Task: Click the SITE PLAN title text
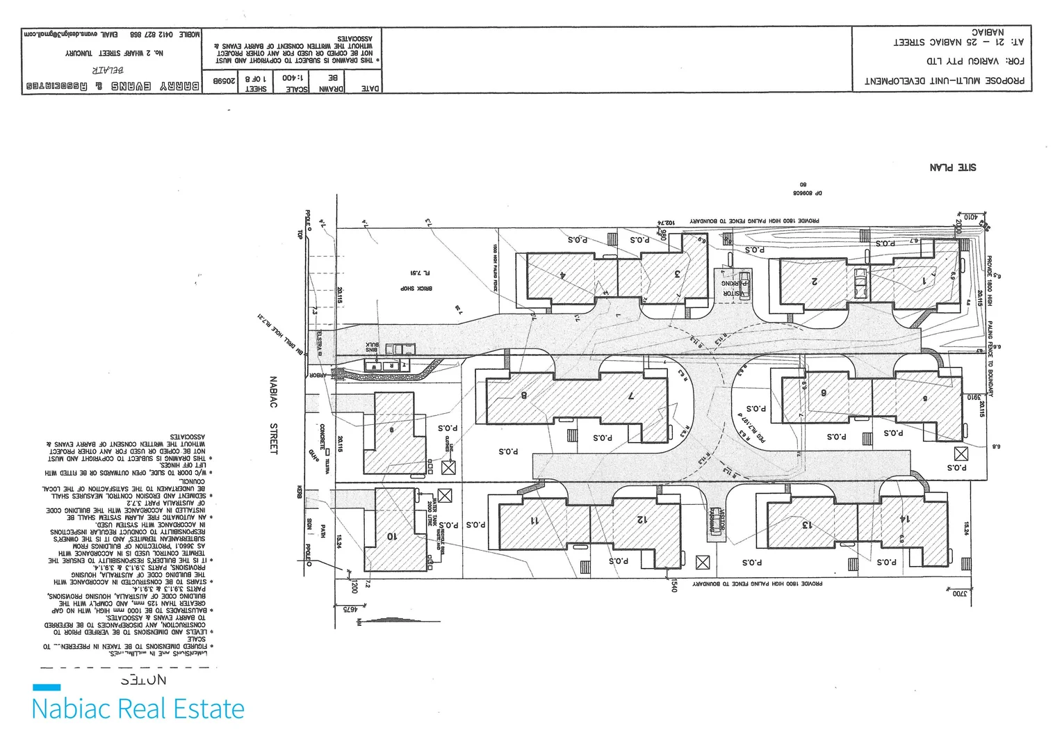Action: pos(952,168)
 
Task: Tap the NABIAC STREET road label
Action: pos(273,415)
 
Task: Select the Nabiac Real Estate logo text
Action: pos(138,709)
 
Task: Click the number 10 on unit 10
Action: pos(391,535)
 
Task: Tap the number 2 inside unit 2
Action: pos(813,282)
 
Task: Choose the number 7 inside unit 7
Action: pos(630,396)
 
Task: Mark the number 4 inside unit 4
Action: pos(562,274)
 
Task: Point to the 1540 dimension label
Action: pos(673,587)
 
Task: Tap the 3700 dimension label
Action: pos(959,594)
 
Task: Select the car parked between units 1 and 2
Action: pos(860,282)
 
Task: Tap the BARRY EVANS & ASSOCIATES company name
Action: pos(113,86)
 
